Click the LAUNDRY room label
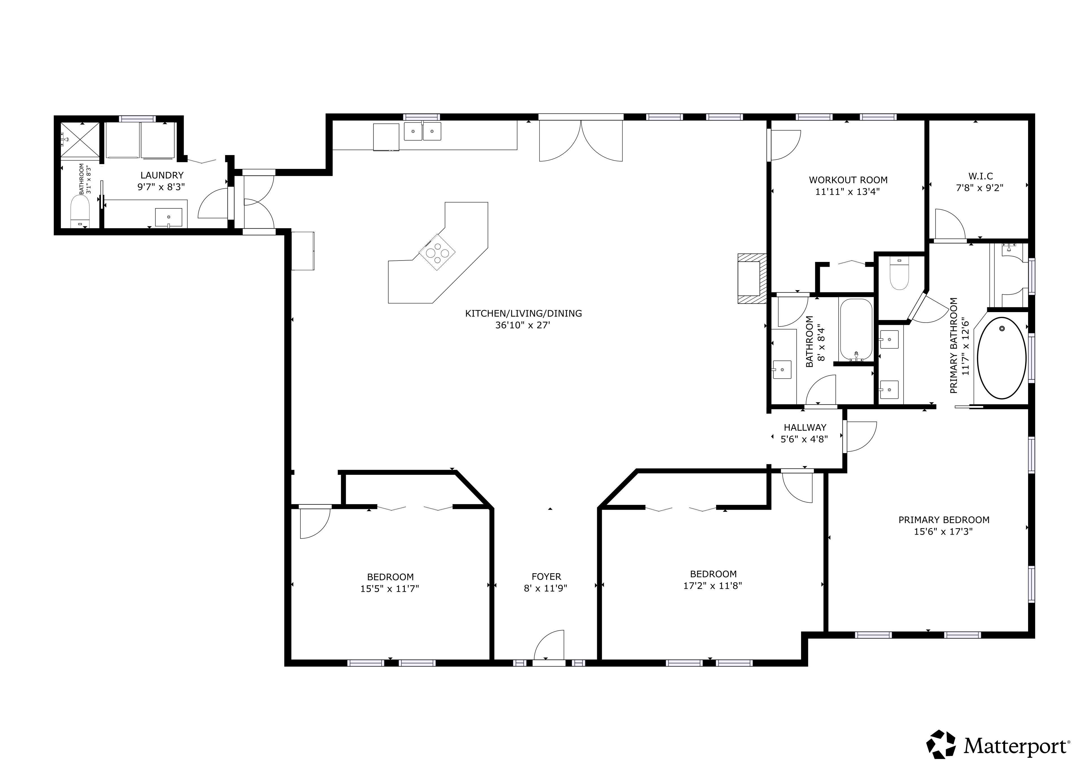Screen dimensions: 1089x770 tap(162, 175)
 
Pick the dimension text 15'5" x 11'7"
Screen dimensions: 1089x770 tap(390, 589)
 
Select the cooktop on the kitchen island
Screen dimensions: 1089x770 tap(437, 253)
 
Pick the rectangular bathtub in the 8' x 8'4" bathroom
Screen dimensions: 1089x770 tap(856, 330)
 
